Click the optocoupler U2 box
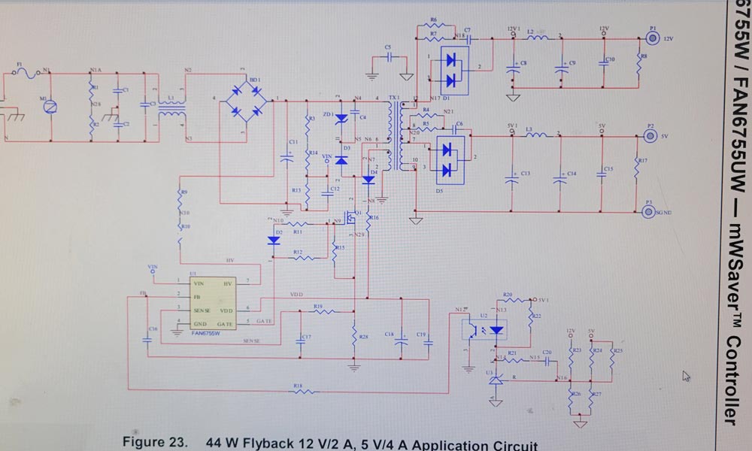point(484,329)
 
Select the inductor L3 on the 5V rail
point(536,137)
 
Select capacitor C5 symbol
point(388,56)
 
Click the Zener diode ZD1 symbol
point(340,118)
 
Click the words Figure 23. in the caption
point(156,442)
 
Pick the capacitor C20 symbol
point(547,359)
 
